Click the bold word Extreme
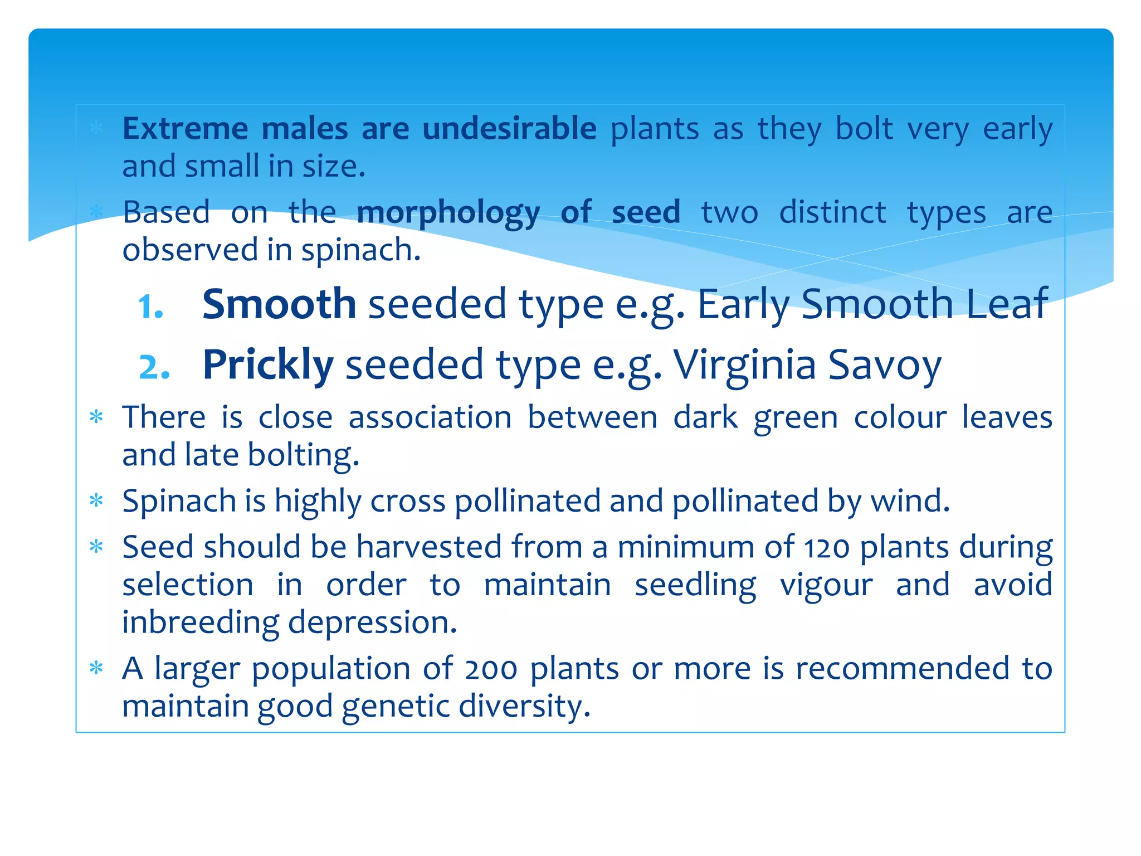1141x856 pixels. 185,129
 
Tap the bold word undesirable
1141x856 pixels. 509,129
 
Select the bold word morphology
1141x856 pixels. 448,213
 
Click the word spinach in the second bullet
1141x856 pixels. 360,250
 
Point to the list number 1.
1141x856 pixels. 150,307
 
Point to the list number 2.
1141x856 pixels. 154,368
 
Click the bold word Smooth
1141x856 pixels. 279,304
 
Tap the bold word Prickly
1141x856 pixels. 268,365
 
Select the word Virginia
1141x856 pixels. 744,365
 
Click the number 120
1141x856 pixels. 827,548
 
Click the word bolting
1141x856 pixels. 303,456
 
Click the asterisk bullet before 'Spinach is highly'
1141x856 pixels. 96,500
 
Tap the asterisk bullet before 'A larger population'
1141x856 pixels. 96,668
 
